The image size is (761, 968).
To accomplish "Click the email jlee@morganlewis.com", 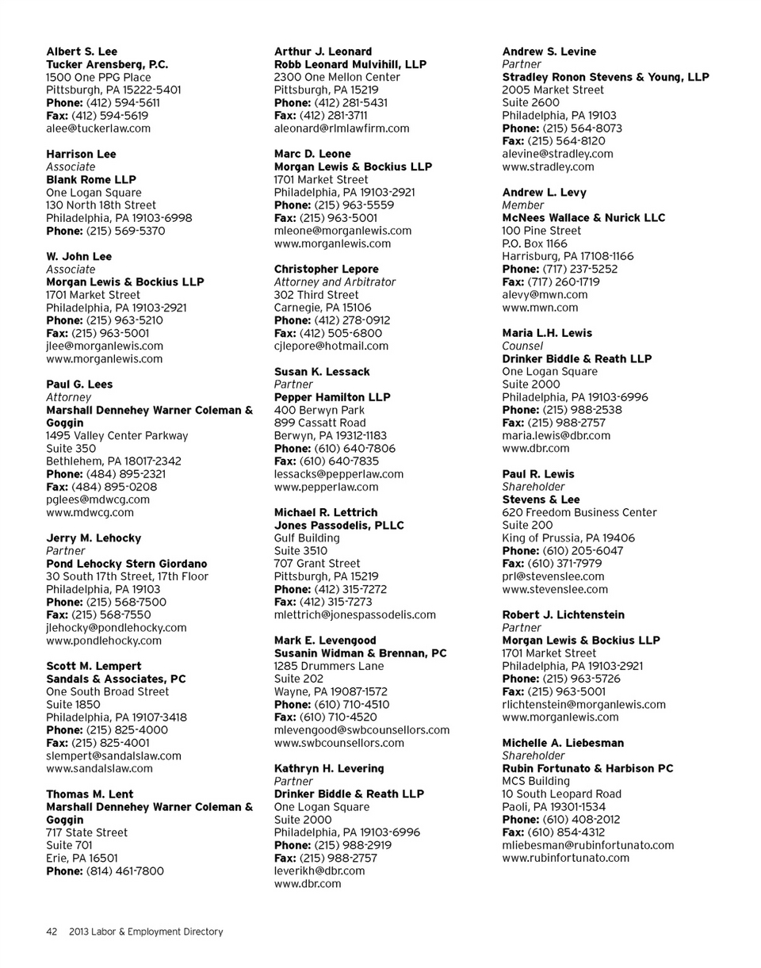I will (x=105, y=346).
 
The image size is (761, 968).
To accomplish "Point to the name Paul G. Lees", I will (x=79, y=385).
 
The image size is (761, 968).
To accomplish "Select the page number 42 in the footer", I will (x=51, y=932).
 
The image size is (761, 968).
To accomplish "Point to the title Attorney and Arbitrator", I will (x=335, y=282).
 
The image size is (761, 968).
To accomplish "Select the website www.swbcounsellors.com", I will (x=339, y=743).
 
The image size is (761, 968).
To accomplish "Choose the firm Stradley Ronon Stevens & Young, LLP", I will (x=606, y=77).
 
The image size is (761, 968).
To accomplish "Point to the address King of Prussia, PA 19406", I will (x=568, y=538).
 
